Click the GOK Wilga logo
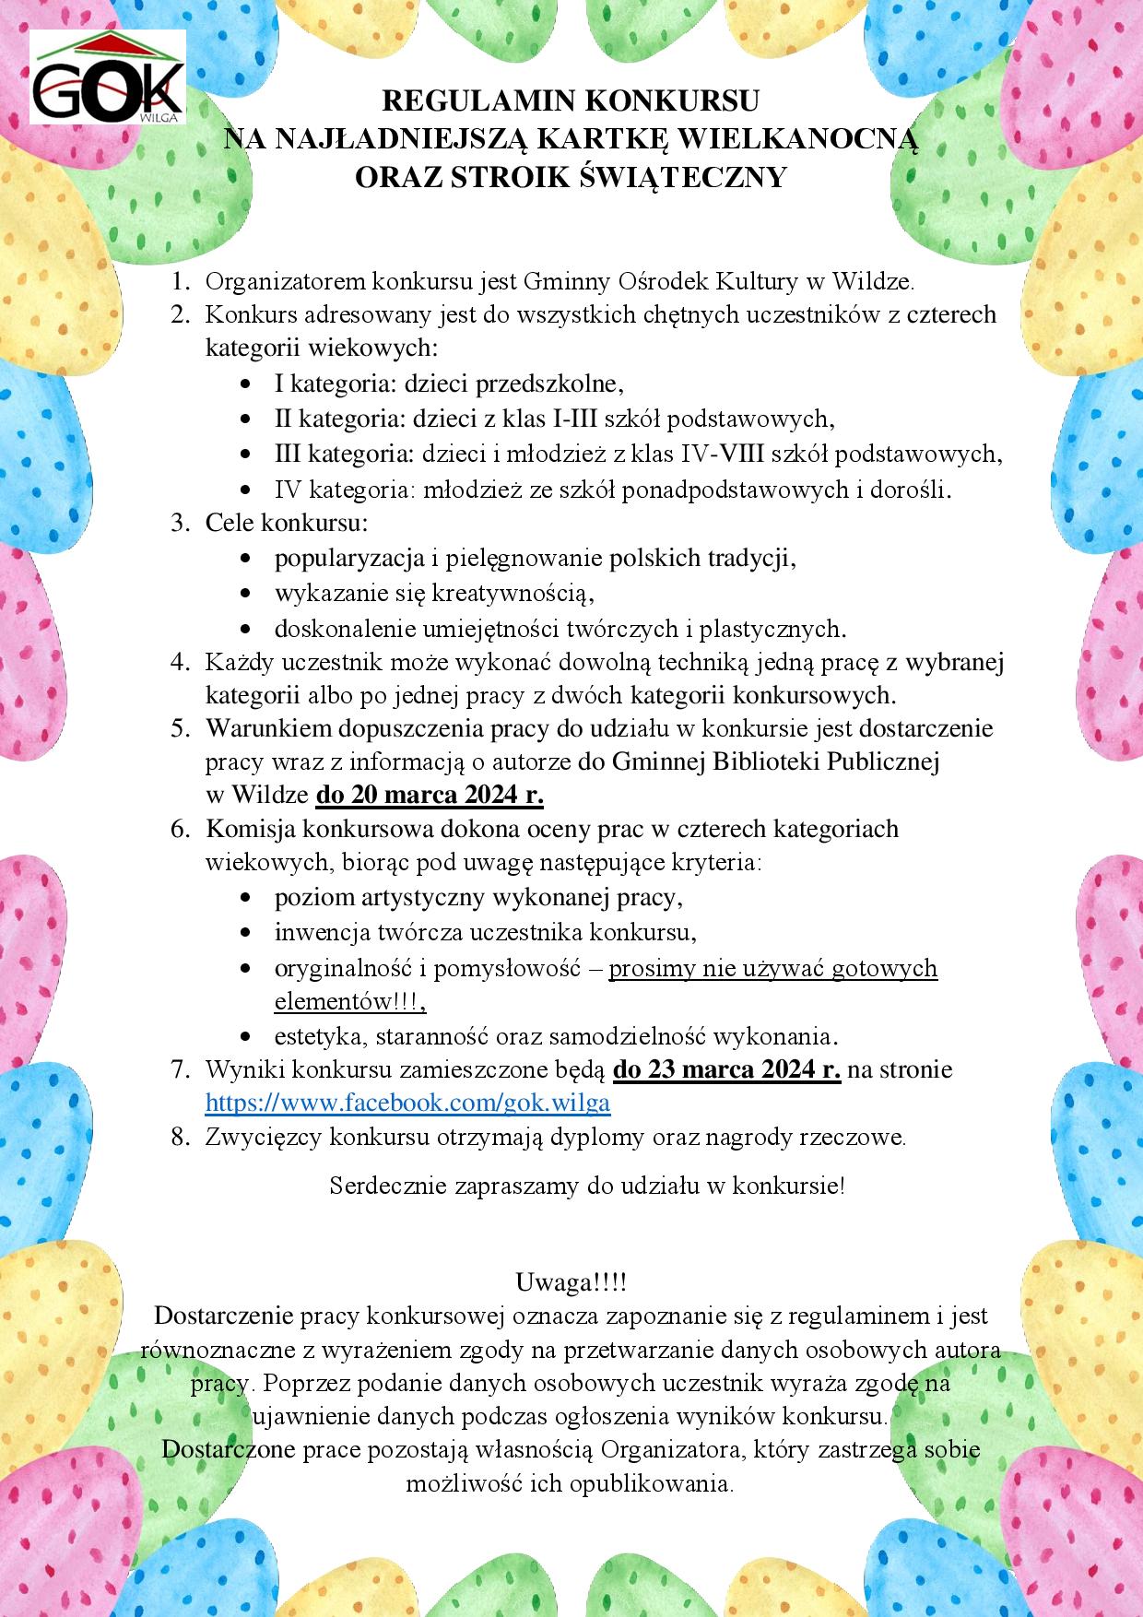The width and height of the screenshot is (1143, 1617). tap(108, 77)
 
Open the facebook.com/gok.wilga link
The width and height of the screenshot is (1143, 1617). tap(407, 1103)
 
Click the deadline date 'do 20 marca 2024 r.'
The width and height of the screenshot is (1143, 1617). tap(430, 795)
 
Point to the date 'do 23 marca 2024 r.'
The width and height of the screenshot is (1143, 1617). tap(726, 1069)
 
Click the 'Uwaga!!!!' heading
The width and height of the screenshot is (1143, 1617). tap(571, 1282)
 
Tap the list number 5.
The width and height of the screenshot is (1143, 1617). tap(179, 728)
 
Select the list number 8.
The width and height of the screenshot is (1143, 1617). tap(179, 1137)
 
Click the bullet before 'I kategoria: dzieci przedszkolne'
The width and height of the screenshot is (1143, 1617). tap(245, 384)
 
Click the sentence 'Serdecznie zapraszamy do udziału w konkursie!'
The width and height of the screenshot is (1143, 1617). tap(587, 1186)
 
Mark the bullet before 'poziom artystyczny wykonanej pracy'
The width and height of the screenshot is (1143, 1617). tap(245, 897)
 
